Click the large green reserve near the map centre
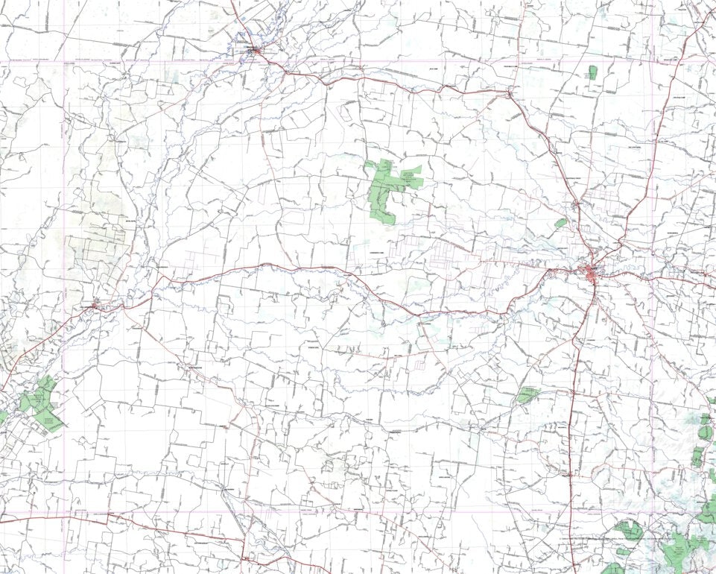[x=389, y=185]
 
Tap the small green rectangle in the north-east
[x=592, y=72]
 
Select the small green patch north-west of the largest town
[x=560, y=222]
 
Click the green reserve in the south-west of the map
[x=40, y=399]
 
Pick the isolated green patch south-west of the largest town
[x=528, y=394]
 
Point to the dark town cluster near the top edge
[x=256, y=51]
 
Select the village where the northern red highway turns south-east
[x=509, y=94]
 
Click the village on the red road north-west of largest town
[x=576, y=202]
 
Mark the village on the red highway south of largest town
[x=568, y=473]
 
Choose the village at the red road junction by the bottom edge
[x=244, y=558]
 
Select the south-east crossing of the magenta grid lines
[x=653, y=512]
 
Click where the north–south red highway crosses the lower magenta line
[x=573, y=512]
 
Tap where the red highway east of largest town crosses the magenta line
[x=653, y=274]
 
